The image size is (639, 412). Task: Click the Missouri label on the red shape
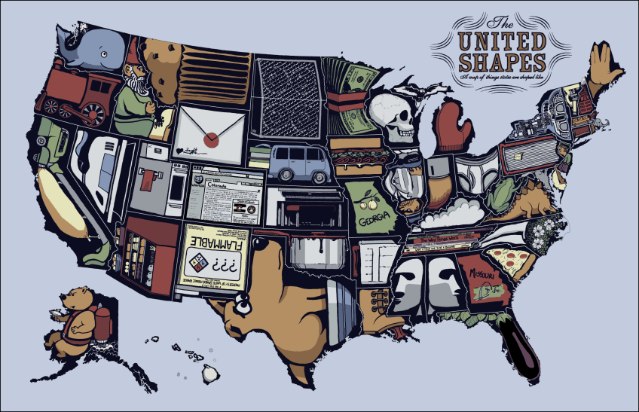[483, 274]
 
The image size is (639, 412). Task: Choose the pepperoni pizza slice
[509, 260]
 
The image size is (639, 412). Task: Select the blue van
[298, 162]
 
